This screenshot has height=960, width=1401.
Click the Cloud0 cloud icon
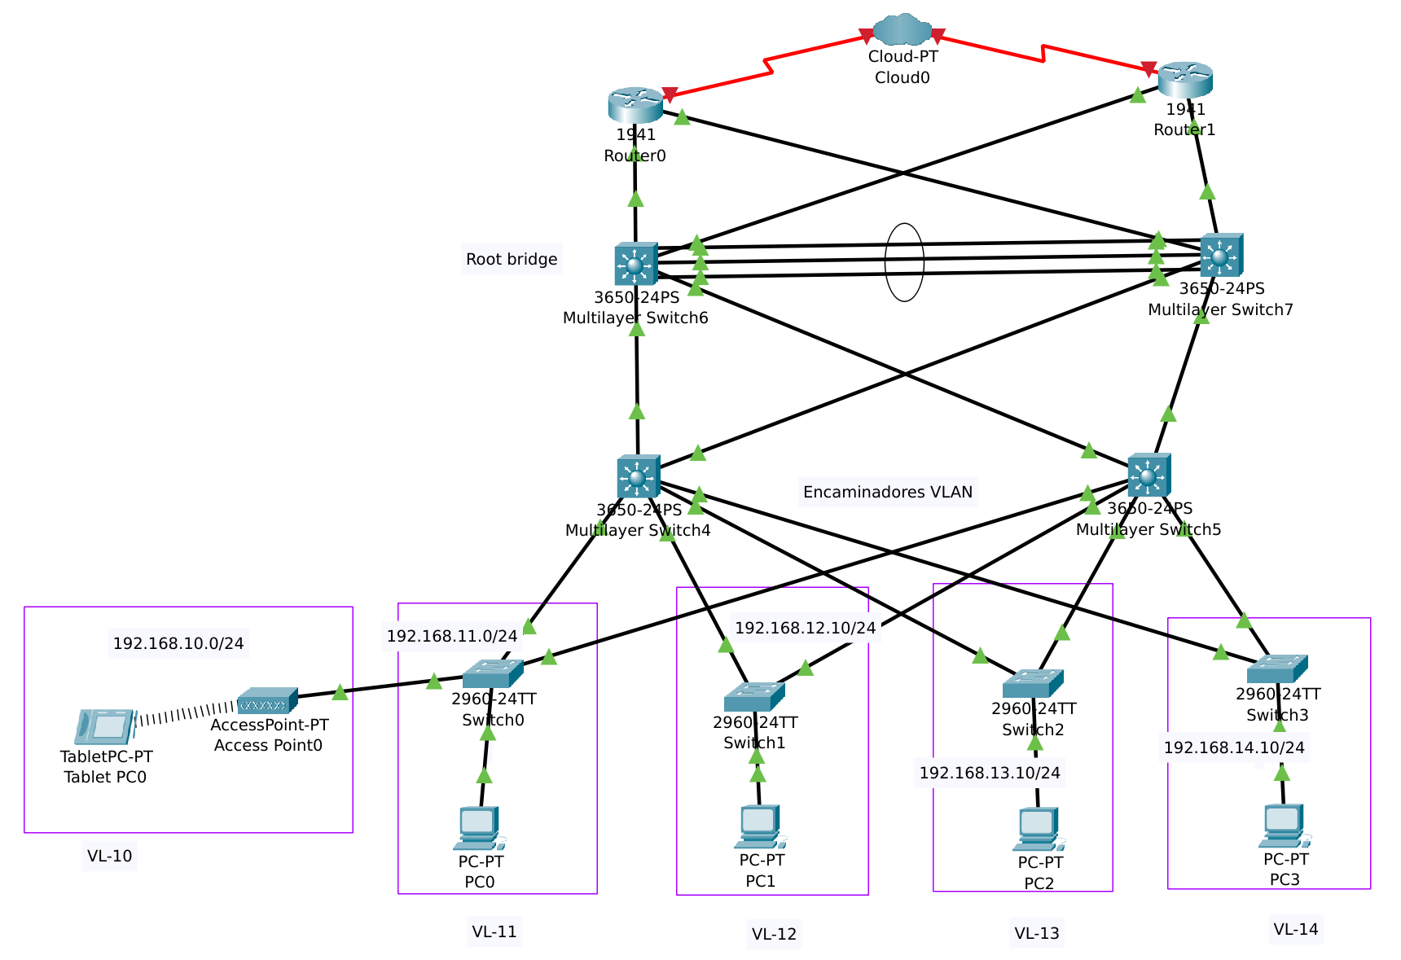(x=903, y=30)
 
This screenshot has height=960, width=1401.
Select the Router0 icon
(x=635, y=105)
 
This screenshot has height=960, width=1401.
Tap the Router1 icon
(x=1185, y=79)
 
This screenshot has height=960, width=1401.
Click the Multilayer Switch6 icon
(x=636, y=263)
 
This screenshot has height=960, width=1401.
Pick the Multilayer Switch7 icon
(x=1221, y=255)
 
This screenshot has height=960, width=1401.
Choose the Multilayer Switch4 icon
(x=639, y=476)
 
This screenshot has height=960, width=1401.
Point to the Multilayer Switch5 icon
(x=1148, y=475)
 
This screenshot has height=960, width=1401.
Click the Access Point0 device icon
(x=267, y=699)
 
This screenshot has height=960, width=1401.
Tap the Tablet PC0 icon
(x=104, y=726)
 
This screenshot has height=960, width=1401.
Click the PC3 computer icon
(x=1284, y=826)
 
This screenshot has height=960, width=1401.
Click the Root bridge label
(x=512, y=259)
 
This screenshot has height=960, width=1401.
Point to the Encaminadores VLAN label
(x=887, y=492)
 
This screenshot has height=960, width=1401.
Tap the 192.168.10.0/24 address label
(x=178, y=643)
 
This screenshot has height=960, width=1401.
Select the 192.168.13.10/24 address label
(x=990, y=773)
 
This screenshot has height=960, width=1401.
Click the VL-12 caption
(x=774, y=934)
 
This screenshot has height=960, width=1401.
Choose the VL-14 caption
(x=1295, y=929)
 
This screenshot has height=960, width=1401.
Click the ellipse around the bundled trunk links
(x=904, y=225)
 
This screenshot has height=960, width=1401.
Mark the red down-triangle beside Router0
(x=670, y=94)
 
